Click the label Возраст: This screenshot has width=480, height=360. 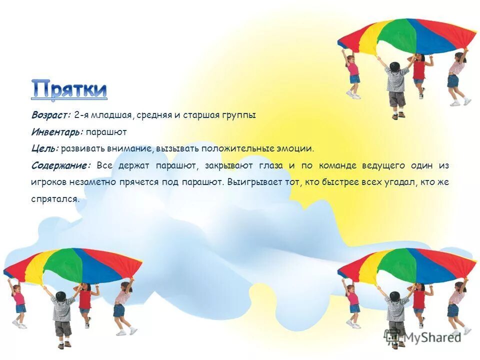pos(51,115)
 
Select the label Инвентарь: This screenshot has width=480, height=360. pos(56,132)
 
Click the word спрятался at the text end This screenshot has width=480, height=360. pos(54,198)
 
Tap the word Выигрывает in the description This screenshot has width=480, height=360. pos(251,182)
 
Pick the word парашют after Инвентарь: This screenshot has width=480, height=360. pos(106,132)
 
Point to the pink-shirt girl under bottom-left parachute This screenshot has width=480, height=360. pos(19,302)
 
